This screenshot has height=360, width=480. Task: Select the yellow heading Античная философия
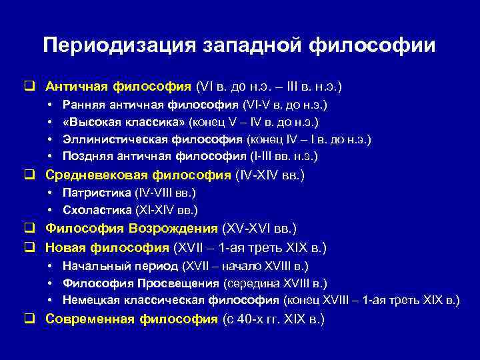119,87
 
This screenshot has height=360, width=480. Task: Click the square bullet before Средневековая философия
29,175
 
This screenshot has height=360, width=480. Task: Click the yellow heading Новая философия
107,248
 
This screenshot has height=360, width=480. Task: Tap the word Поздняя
86,157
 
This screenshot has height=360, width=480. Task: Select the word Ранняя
82,105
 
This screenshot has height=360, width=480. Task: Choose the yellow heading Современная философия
131,319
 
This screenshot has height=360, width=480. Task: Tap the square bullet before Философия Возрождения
29,229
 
